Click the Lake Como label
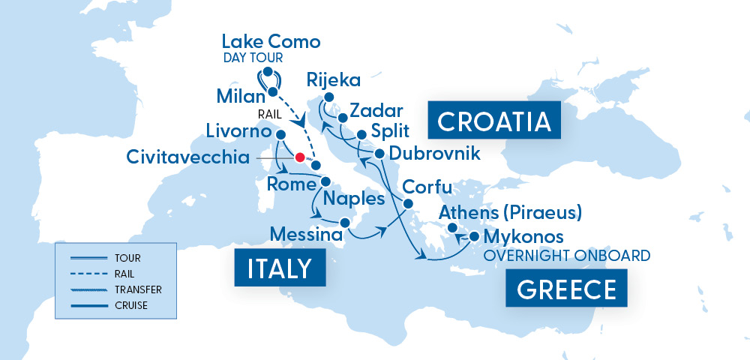tap(271, 41)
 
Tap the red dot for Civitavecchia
tap(300, 158)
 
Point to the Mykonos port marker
tap(474, 237)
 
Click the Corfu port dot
tap(409, 204)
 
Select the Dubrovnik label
tap(436, 154)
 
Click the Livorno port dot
tap(280, 135)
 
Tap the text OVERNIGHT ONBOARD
tap(567, 256)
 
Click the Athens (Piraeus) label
tap(511, 212)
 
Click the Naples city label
tap(353, 199)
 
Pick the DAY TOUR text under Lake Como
tap(256, 57)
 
